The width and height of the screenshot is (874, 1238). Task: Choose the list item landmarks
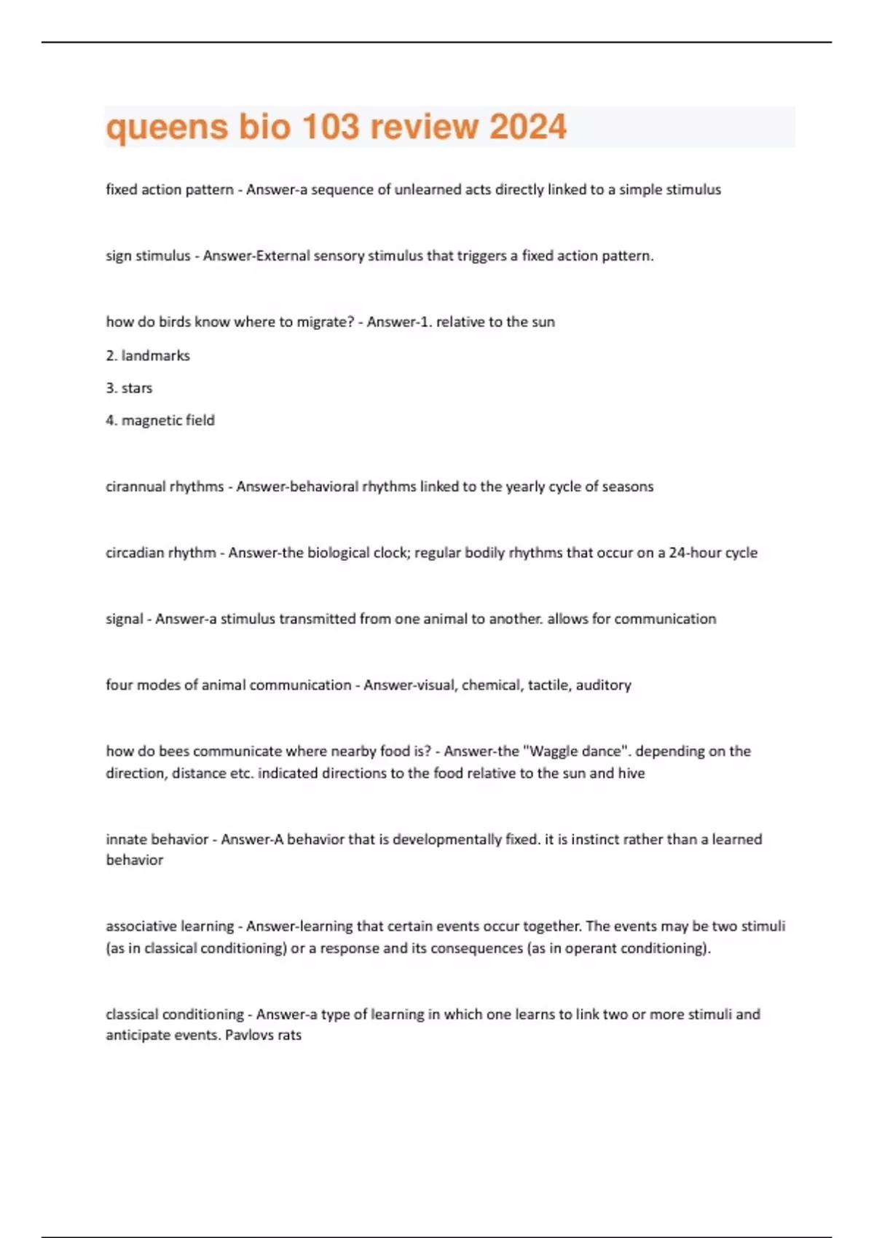point(155,355)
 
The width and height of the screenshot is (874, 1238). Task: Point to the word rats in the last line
point(289,1035)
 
